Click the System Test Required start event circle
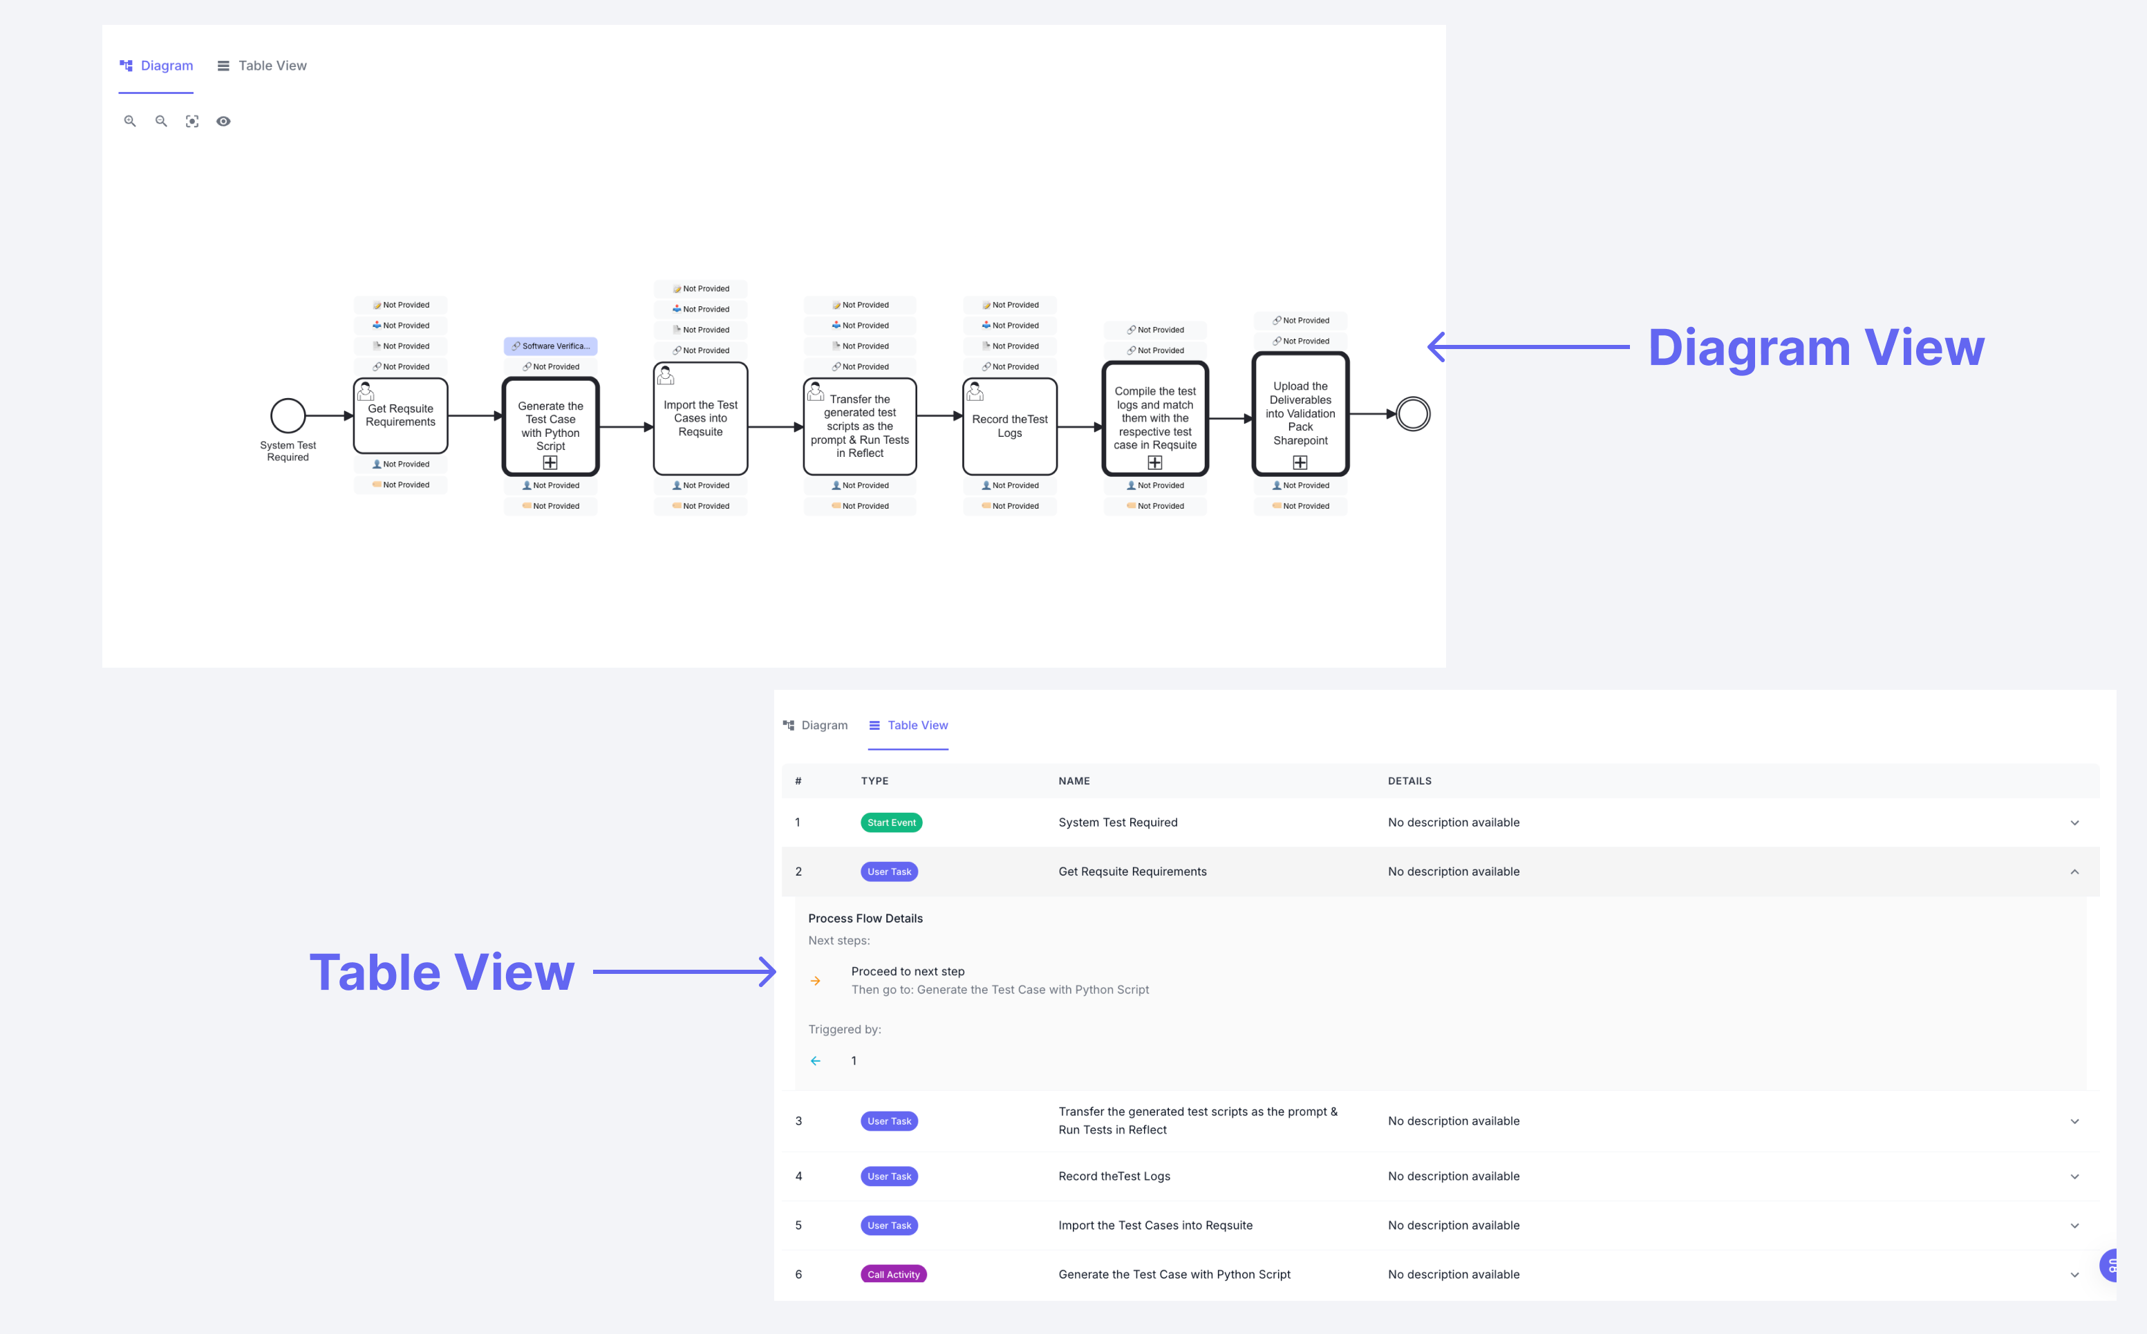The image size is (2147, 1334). pos(288,415)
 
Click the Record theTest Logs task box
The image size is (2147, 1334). pos(1010,426)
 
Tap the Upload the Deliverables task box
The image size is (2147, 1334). pos(1300,413)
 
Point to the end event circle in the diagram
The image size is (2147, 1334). pos(1413,414)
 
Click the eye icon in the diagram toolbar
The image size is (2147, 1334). pos(223,122)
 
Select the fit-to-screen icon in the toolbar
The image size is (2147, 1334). pos(192,122)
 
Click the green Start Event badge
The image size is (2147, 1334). pos(891,823)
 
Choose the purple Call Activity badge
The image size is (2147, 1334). pos(892,1274)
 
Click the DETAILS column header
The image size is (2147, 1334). pos(1409,781)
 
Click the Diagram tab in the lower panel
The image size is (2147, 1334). pos(815,725)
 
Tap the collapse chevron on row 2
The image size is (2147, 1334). pos(2074,872)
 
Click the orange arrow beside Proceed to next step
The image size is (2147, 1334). pos(815,980)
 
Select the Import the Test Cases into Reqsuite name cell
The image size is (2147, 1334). pos(1154,1225)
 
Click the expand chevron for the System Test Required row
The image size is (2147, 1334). pos(2074,823)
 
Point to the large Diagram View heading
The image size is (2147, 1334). pos(1815,348)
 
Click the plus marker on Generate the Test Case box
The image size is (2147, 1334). pos(550,462)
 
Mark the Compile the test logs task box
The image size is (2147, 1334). pos(1154,417)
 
